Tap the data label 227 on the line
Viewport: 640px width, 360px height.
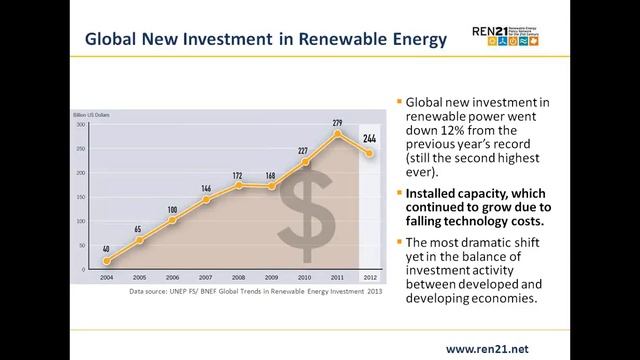[303, 151]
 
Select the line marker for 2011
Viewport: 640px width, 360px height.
[338, 134]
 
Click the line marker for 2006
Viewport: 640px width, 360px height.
[172, 221]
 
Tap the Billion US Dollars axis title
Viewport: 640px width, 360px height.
[92, 117]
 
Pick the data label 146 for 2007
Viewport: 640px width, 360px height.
[206, 189]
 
